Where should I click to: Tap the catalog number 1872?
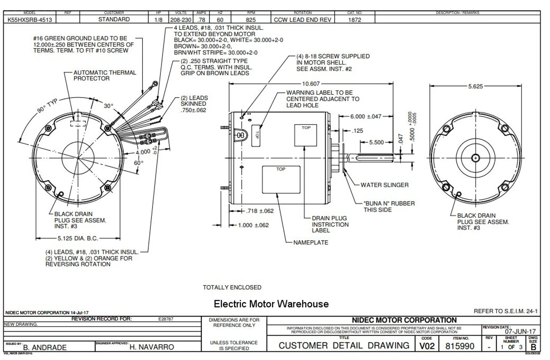[354, 19]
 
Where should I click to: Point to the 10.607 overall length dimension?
[311, 83]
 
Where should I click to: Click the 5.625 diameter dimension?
[475, 86]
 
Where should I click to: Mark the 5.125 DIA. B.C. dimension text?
[78, 238]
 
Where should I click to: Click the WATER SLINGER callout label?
[384, 185]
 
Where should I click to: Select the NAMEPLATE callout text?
[310, 242]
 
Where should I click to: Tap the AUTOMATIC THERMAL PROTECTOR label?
[104, 76]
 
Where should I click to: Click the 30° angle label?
[108, 106]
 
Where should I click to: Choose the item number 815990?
[460, 346]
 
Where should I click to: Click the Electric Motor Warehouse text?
[271, 304]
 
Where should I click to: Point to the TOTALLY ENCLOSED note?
[232, 287]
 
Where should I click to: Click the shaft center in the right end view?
[475, 158]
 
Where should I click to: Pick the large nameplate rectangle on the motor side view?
[281, 180]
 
